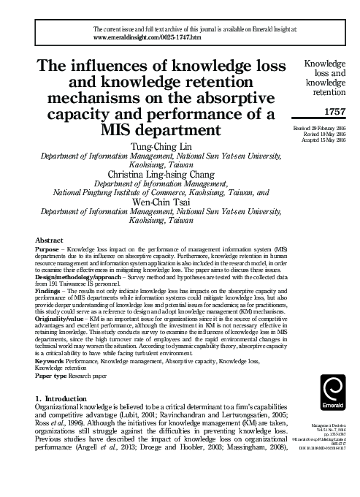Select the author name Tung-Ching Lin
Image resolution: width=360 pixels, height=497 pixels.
click(x=158, y=147)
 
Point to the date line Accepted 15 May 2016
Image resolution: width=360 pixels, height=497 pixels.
click(x=323, y=141)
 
